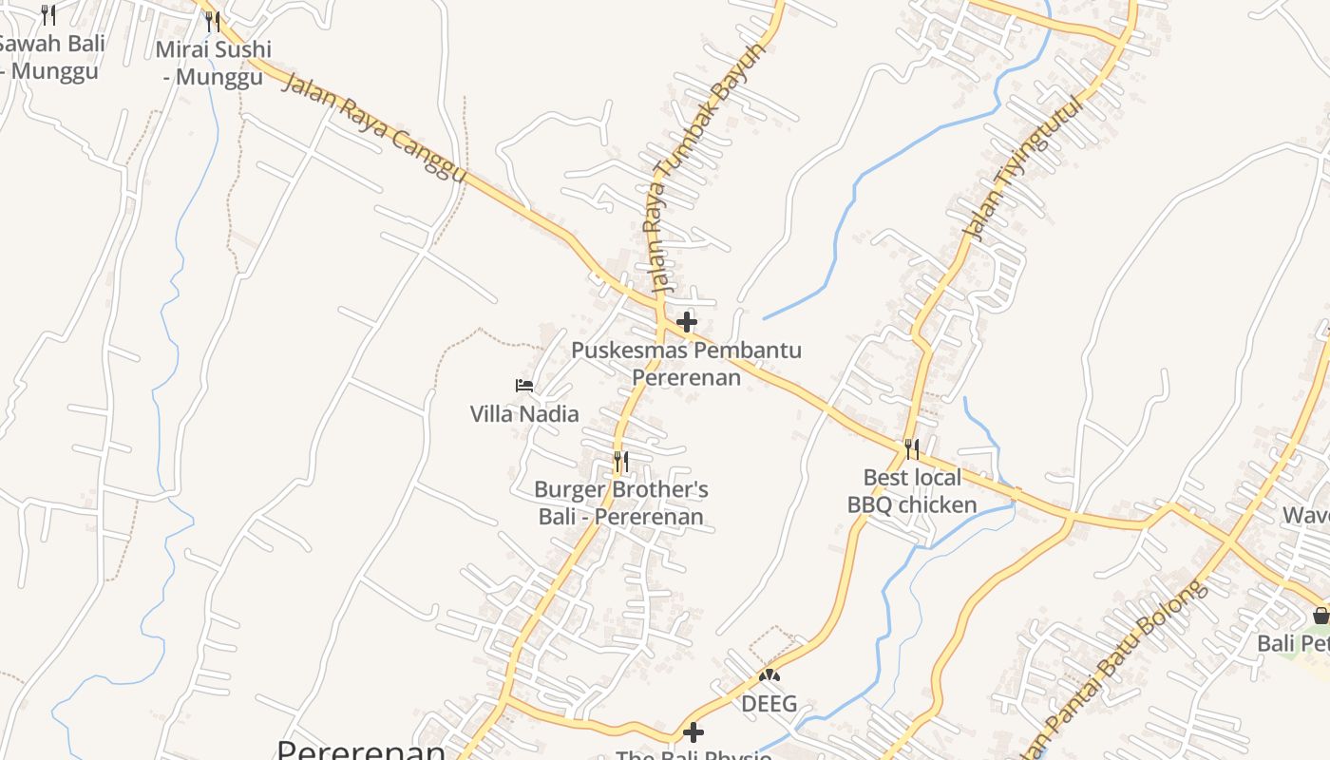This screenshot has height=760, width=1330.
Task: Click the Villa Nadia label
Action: click(524, 414)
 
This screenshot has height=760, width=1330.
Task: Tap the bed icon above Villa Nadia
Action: click(524, 386)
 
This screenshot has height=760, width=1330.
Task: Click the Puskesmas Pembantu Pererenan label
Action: click(686, 364)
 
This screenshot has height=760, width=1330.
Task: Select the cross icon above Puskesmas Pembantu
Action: click(686, 322)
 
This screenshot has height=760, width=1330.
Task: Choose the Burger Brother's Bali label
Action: click(621, 503)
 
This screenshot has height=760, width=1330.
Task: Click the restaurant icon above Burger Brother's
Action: click(621, 462)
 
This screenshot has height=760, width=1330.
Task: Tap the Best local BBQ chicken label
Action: click(912, 491)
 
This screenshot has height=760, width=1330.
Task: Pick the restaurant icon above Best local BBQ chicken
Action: click(912, 448)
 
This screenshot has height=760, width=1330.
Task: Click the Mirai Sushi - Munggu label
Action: click(214, 63)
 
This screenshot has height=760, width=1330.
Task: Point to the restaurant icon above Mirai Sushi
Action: click(213, 21)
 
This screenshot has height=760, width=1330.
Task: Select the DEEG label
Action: click(769, 704)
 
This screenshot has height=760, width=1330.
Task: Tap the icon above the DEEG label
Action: click(769, 676)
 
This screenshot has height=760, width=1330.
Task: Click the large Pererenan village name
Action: click(361, 750)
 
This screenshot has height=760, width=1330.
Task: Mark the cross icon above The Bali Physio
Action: click(693, 732)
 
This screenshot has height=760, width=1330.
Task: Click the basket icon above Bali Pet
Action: click(1320, 616)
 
